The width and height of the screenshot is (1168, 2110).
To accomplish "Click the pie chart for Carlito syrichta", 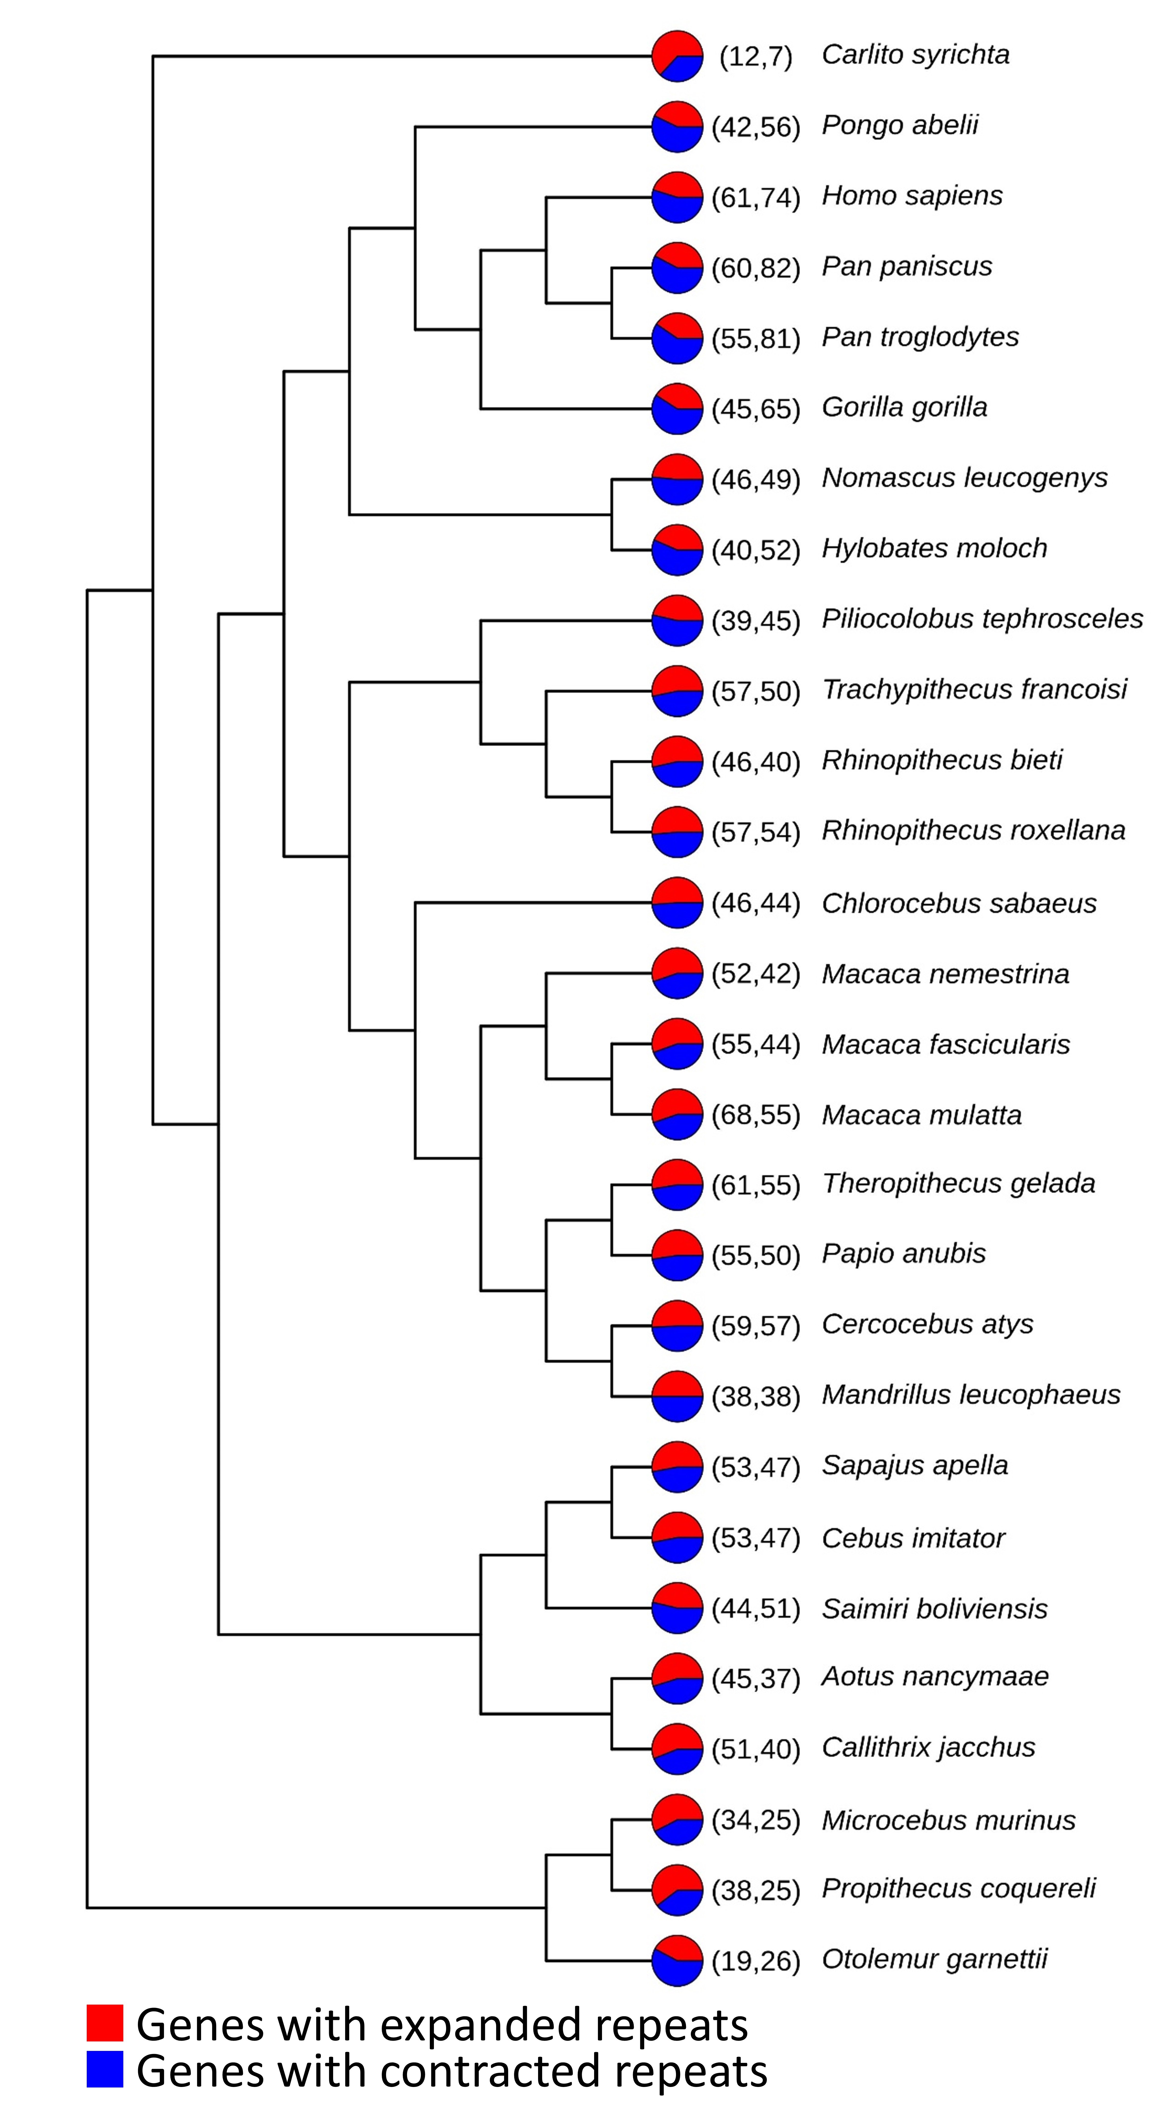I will (677, 56).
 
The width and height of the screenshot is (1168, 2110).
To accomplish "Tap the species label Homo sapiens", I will (912, 196).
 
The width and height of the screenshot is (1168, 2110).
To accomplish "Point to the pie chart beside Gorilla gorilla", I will (677, 408).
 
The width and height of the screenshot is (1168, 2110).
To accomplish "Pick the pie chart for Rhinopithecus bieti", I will (677, 761).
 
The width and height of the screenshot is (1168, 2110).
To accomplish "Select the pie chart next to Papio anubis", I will (677, 1255).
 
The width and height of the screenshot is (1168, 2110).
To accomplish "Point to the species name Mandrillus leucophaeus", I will (970, 1395).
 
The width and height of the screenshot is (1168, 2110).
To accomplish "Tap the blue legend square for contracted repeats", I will (105, 2069).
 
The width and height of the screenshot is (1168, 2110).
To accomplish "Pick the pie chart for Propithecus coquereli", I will (677, 1890).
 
